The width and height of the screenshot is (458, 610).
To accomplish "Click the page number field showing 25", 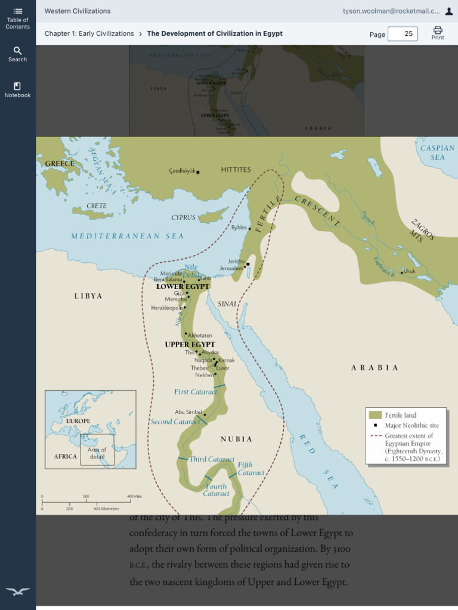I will click(x=403, y=34).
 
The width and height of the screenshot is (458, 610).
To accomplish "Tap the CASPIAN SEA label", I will click(x=438, y=152).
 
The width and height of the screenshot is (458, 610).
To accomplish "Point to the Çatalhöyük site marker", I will click(x=198, y=172).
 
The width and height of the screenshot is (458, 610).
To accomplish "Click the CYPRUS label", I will click(x=184, y=217).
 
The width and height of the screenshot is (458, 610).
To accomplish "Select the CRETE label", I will click(x=97, y=206).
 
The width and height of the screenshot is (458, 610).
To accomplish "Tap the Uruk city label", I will click(x=409, y=271).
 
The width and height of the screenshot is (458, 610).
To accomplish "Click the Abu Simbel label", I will click(x=188, y=412).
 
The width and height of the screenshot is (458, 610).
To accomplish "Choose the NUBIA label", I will click(x=237, y=439).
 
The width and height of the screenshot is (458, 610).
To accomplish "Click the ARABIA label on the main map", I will click(x=375, y=368).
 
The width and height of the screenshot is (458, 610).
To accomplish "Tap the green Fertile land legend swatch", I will click(x=375, y=415).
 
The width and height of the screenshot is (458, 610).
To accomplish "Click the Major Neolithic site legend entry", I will click(x=409, y=425).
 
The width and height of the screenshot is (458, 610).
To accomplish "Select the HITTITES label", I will click(x=236, y=170).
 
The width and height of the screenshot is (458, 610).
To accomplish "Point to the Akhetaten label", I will click(x=200, y=335).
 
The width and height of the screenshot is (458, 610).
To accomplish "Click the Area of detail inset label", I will click(x=97, y=453).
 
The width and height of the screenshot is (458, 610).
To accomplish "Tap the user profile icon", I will click(x=449, y=11).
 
